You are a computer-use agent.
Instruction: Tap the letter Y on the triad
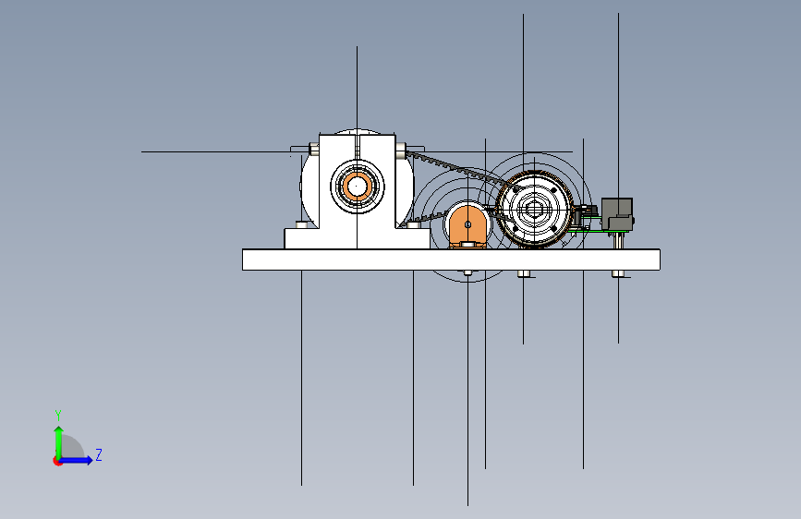coord(58,415)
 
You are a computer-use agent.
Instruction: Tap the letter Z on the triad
coord(99,455)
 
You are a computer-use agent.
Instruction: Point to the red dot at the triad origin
coord(58,461)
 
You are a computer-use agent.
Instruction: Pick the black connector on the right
coord(616,213)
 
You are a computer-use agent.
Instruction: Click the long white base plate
coord(451,259)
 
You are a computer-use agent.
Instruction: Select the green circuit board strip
coord(601,232)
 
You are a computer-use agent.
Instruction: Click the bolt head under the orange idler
coord(467,273)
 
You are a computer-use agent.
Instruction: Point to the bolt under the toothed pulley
coord(525,274)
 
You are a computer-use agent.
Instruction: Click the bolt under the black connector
coord(618,273)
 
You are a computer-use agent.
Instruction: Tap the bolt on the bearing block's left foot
coord(302,224)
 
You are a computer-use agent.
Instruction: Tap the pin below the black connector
coord(618,241)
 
